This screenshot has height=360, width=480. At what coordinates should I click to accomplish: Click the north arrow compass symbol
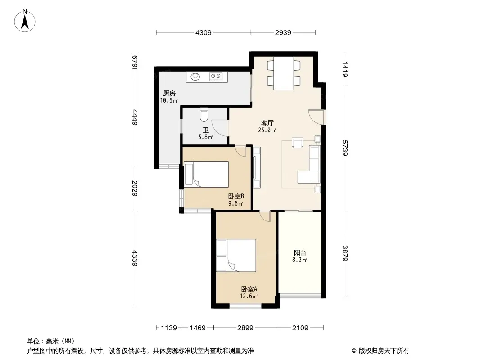25,21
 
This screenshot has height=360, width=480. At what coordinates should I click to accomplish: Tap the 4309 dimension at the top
203,32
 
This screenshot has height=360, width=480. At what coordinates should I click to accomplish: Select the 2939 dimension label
283,32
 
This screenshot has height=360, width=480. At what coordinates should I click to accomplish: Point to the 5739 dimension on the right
345,148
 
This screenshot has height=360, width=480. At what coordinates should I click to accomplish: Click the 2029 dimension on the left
135,188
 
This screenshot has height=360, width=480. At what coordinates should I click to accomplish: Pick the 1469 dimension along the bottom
198,328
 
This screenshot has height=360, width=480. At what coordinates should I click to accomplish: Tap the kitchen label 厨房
169,93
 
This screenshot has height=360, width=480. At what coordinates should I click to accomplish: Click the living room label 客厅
267,123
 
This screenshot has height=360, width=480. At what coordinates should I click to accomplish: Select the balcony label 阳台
300,252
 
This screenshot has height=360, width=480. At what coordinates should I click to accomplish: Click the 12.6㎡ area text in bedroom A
249,296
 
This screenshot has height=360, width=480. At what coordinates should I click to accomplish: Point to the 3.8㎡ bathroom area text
205,137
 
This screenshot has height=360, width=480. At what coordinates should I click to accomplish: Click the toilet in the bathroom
204,114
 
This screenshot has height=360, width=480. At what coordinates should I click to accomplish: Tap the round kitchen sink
195,76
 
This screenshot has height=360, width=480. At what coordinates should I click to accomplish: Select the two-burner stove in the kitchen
216,76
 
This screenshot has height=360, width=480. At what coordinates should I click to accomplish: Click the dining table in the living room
284,73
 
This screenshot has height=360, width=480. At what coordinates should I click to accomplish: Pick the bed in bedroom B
206,174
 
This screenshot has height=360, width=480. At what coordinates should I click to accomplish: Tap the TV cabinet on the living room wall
257,167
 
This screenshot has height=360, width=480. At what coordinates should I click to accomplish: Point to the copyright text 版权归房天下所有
384,351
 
